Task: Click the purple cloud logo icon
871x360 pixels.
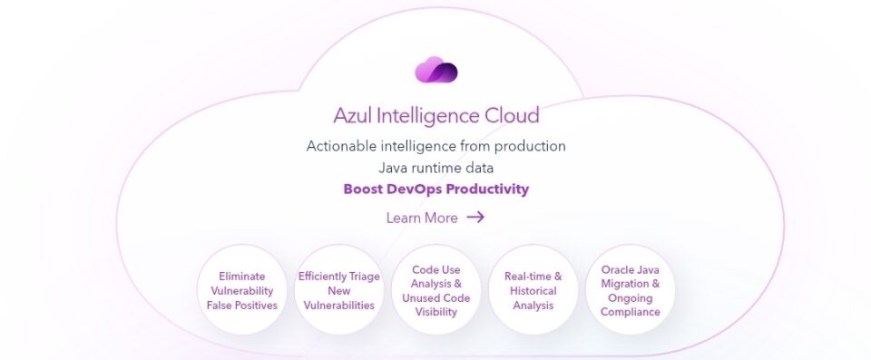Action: pyautogui.click(x=436, y=70)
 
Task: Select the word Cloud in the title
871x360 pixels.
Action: pyautogui.click(x=512, y=115)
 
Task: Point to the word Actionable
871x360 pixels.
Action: pyautogui.click(x=341, y=146)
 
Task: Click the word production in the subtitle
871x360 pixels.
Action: pyautogui.click(x=530, y=147)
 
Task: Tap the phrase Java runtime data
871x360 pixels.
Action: pyautogui.click(x=436, y=167)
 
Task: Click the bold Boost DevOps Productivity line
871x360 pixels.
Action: pyautogui.click(x=436, y=189)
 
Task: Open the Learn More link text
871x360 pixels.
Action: pyautogui.click(x=422, y=218)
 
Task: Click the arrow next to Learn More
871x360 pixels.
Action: pyautogui.click(x=475, y=217)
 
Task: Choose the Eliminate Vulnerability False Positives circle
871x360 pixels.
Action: pyautogui.click(x=242, y=290)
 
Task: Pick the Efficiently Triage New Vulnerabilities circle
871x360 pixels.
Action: pyautogui.click(x=338, y=290)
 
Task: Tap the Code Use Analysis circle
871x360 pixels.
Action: pyautogui.click(x=436, y=290)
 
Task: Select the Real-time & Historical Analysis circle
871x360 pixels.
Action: pyautogui.click(x=533, y=290)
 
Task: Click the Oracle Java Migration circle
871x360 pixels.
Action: pyautogui.click(x=631, y=290)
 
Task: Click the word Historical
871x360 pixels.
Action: pyautogui.click(x=533, y=290)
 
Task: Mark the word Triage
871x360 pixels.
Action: pyautogui.click(x=365, y=277)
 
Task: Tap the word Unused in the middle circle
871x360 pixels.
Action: pyautogui.click(x=419, y=297)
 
